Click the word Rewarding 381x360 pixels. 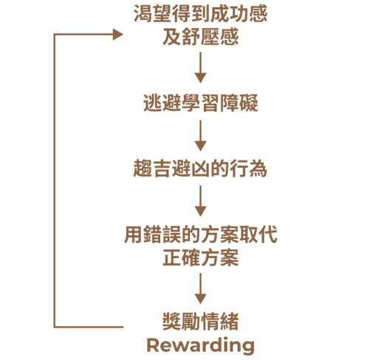coord(200,346)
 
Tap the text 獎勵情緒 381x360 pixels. coord(200,321)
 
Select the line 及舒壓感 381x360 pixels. coord(200,36)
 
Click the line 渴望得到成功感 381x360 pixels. coord(200,13)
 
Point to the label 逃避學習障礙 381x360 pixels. coord(200,103)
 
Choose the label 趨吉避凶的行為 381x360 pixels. coord(200,169)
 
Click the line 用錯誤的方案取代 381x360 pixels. coord(200,234)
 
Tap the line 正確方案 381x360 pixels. coord(200,258)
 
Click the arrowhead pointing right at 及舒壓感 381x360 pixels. coord(117,34)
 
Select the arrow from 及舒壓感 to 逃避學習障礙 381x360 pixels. coord(200,67)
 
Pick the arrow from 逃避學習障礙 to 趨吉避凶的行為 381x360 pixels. coord(200,135)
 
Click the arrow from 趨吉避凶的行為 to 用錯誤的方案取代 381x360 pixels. coord(200,201)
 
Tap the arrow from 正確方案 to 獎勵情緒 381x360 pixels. coord(200,288)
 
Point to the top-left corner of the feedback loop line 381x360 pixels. coord(54,34)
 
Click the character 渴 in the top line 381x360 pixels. coord(143,13)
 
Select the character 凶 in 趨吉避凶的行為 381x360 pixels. coord(200,169)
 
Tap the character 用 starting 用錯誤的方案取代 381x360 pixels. coord(133,234)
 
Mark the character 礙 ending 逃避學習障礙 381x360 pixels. coord(249,103)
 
